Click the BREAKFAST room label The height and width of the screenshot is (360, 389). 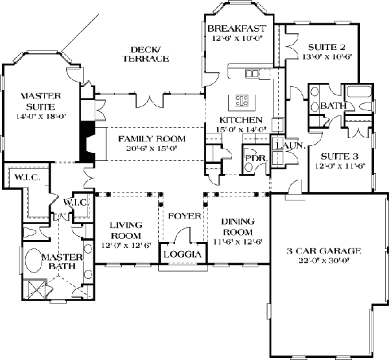(x=237, y=29)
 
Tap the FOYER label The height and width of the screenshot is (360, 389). (x=185, y=216)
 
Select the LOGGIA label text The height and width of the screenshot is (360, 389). (x=182, y=254)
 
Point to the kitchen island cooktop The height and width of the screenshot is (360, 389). (x=242, y=101)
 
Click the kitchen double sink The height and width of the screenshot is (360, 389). (x=252, y=73)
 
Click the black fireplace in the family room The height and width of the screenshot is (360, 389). (x=88, y=141)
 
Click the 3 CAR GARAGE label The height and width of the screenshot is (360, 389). (x=324, y=251)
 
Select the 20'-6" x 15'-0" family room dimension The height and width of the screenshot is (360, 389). (x=152, y=149)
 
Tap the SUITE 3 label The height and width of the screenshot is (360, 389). (x=340, y=156)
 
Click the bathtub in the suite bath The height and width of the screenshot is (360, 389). (x=359, y=91)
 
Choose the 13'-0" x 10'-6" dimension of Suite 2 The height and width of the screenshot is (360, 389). (x=327, y=57)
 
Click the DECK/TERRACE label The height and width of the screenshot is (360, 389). (x=146, y=54)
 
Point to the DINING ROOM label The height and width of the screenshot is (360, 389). (x=238, y=226)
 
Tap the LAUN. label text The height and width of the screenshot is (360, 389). (x=290, y=145)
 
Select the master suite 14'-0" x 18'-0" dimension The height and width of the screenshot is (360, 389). (x=41, y=117)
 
